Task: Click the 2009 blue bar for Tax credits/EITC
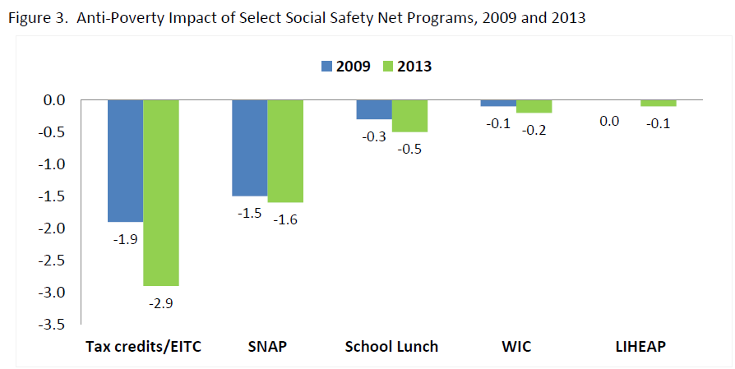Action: [126, 160]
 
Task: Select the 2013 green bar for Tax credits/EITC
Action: [161, 192]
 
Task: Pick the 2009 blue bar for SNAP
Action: [249, 148]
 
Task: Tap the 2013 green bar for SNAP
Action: [285, 151]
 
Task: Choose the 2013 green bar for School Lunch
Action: [409, 116]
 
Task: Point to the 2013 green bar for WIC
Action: [534, 106]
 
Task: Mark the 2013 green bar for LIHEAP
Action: [658, 103]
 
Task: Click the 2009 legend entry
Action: [343, 67]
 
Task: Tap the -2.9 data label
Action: [161, 303]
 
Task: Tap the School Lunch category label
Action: [391, 347]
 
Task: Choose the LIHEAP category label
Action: [640, 347]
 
